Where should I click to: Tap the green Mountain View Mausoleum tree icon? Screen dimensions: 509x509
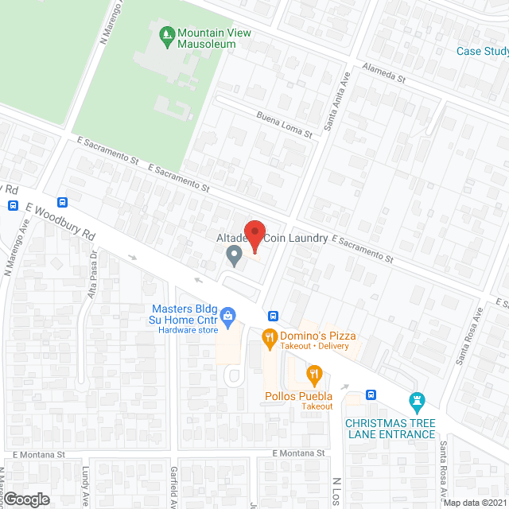[x=166, y=33]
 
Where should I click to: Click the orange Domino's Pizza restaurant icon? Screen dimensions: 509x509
[x=270, y=338]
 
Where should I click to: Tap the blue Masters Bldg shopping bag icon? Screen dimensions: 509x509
[x=227, y=315]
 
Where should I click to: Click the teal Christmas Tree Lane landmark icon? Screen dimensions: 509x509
[x=415, y=399]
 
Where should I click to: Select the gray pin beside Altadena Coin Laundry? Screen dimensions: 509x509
[x=234, y=255]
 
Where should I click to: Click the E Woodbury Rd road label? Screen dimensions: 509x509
[x=60, y=223]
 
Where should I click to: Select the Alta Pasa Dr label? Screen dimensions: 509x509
[x=92, y=270]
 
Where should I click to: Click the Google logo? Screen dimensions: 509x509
[x=25, y=499]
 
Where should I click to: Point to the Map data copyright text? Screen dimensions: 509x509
[x=474, y=503]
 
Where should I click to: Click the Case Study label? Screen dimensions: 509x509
[x=482, y=52]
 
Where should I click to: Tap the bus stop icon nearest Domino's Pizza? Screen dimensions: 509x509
[x=272, y=314]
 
